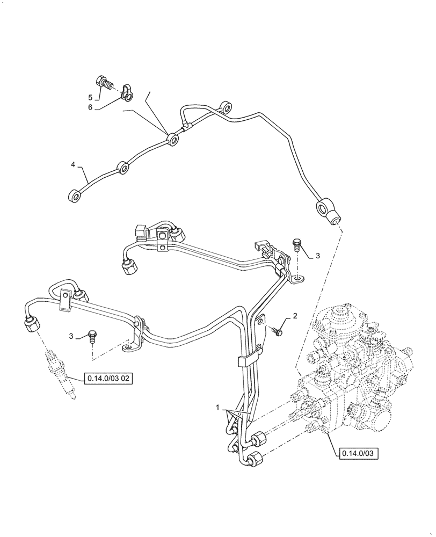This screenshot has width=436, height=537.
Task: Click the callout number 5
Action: point(91,97)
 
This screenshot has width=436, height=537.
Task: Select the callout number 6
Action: point(91,107)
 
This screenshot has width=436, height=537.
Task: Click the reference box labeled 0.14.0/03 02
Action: point(107,379)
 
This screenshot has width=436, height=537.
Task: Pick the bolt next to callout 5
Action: point(104,82)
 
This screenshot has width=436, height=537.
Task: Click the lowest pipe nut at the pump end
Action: point(255,460)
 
